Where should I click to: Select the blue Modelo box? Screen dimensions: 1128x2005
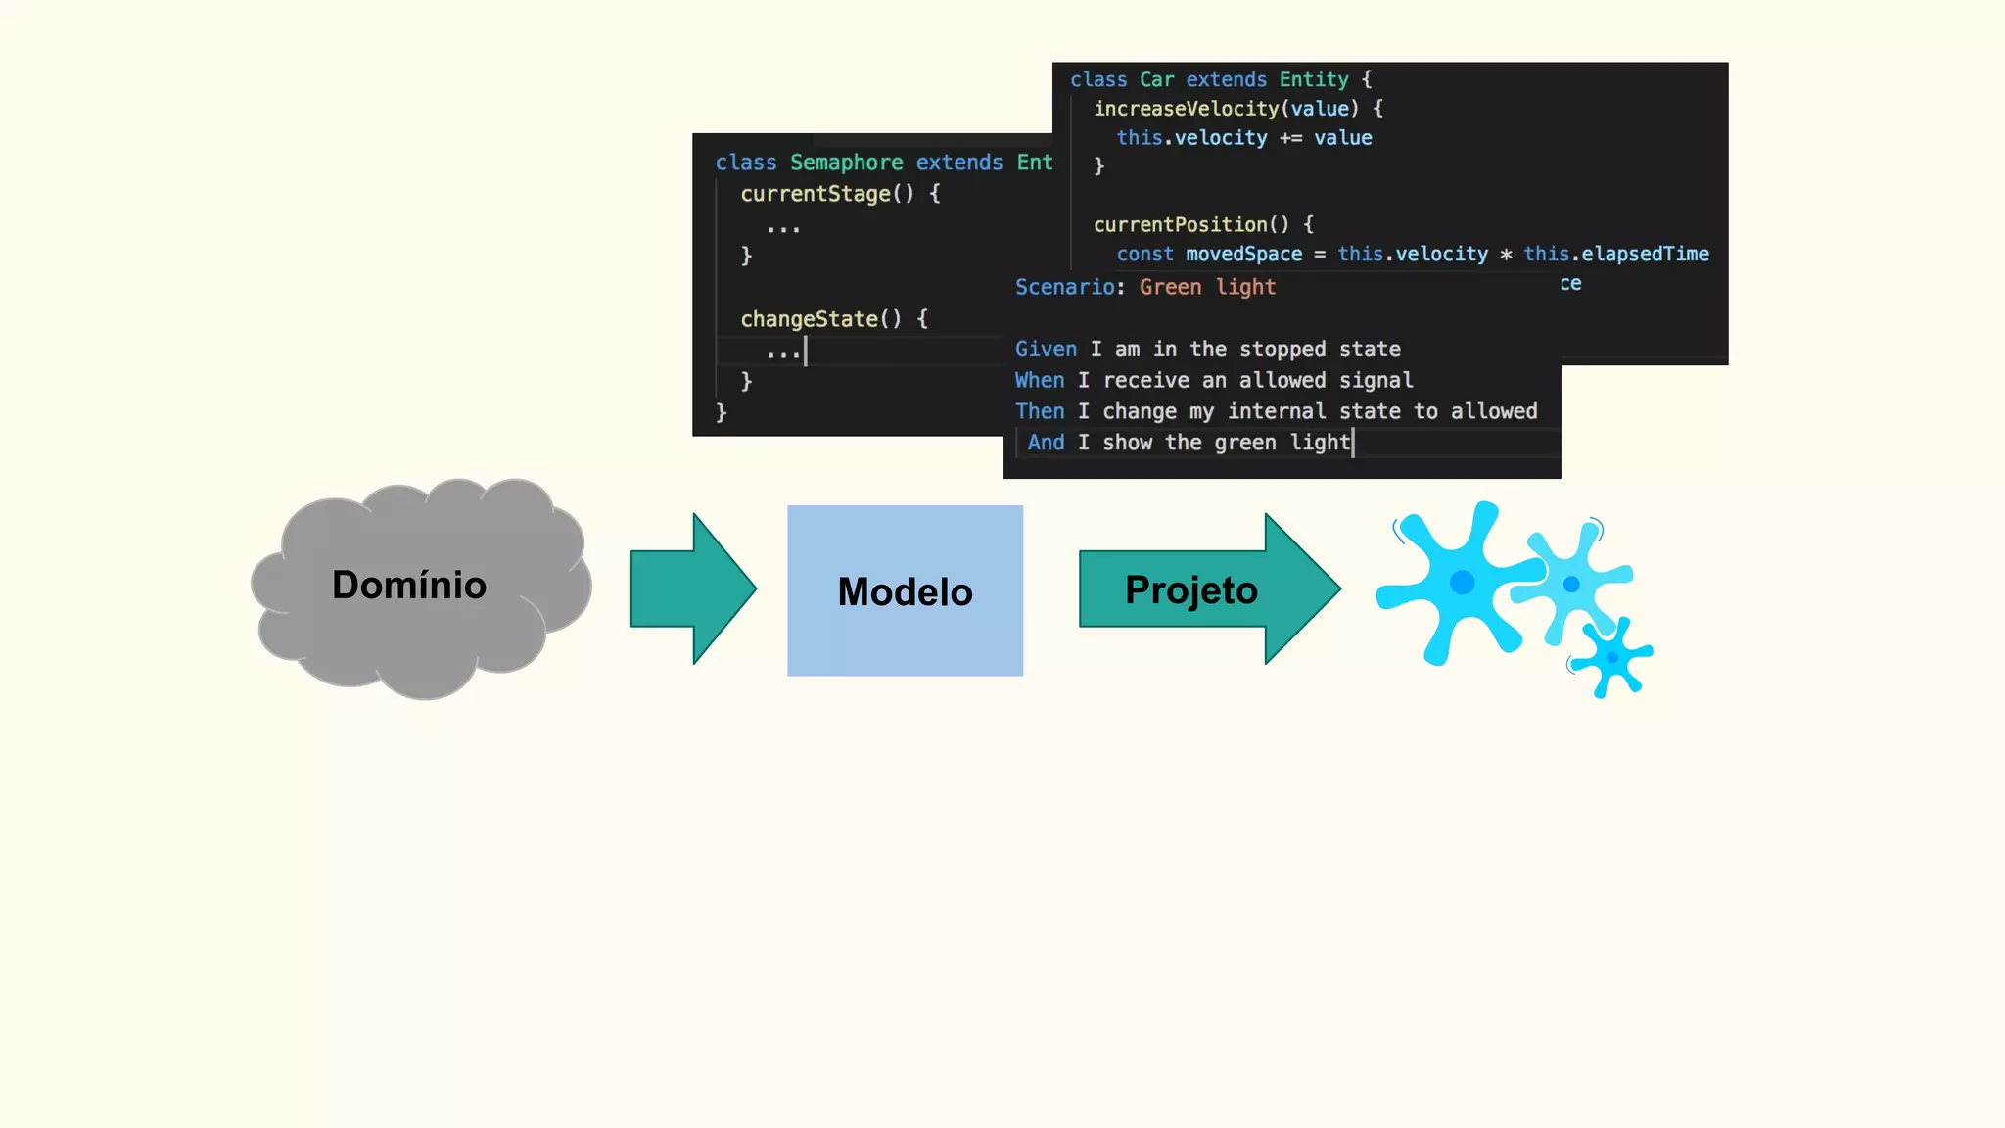tap(905, 590)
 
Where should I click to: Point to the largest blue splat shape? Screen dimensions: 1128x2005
tap(1458, 584)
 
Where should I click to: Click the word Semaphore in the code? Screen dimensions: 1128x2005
tap(846, 163)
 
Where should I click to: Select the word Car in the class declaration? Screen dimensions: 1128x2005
tap(1156, 79)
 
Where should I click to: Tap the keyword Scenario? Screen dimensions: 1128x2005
tap(1064, 287)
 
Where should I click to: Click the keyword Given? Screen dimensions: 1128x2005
tap(1046, 350)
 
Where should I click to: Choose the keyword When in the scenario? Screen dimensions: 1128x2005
tap(1040, 381)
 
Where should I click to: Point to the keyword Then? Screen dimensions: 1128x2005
tap(1040, 412)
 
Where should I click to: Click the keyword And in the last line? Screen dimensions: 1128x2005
tap(1046, 443)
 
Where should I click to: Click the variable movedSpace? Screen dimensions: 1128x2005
tap(1243, 255)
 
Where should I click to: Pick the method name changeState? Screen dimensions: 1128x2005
tap(810, 319)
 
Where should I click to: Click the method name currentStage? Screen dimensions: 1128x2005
tap(816, 194)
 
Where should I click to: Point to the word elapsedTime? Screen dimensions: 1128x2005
tap(1645, 255)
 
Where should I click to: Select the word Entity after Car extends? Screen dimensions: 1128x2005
tap(1314, 79)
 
